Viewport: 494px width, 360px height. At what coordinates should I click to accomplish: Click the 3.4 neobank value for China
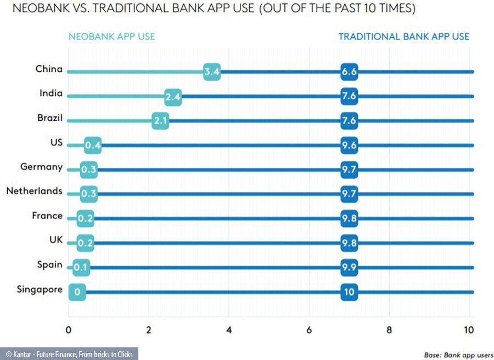tap(212, 71)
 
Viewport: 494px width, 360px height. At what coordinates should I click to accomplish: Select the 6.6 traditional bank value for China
tap(349, 71)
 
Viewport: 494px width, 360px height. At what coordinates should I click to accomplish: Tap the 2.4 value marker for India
tap(172, 96)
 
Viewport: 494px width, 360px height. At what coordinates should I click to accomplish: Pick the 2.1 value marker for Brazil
tap(160, 120)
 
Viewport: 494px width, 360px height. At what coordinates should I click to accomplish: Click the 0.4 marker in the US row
tap(93, 145)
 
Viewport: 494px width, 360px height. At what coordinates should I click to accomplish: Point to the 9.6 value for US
tap(349, 145)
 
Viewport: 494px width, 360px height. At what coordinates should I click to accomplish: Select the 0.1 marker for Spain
tap(81, 267)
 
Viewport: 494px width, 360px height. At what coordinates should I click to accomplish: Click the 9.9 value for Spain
tap(349, 267)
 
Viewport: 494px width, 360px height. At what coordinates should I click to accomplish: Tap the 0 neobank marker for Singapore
tap(77, 292)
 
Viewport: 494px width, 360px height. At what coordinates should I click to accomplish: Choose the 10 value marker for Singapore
tap(349, 292)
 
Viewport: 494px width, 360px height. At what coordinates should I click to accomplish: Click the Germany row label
tap(41, 167)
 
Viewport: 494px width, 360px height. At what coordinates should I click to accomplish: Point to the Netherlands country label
tap(34, 191)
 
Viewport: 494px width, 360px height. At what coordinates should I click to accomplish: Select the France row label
tap(47, 216)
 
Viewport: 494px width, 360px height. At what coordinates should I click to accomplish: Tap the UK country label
tap(55, 240)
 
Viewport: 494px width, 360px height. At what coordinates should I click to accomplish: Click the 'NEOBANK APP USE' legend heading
tap(111, 37)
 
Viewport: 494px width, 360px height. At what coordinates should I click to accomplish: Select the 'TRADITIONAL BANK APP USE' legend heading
tap(403, 37)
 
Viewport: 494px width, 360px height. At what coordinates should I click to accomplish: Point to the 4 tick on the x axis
tap(229, 330)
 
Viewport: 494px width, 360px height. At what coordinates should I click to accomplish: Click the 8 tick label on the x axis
tap(389, 330)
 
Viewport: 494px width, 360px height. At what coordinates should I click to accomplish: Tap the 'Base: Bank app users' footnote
tap(458, 354)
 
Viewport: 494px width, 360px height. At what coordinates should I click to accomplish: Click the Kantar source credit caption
tap(69, 354)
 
